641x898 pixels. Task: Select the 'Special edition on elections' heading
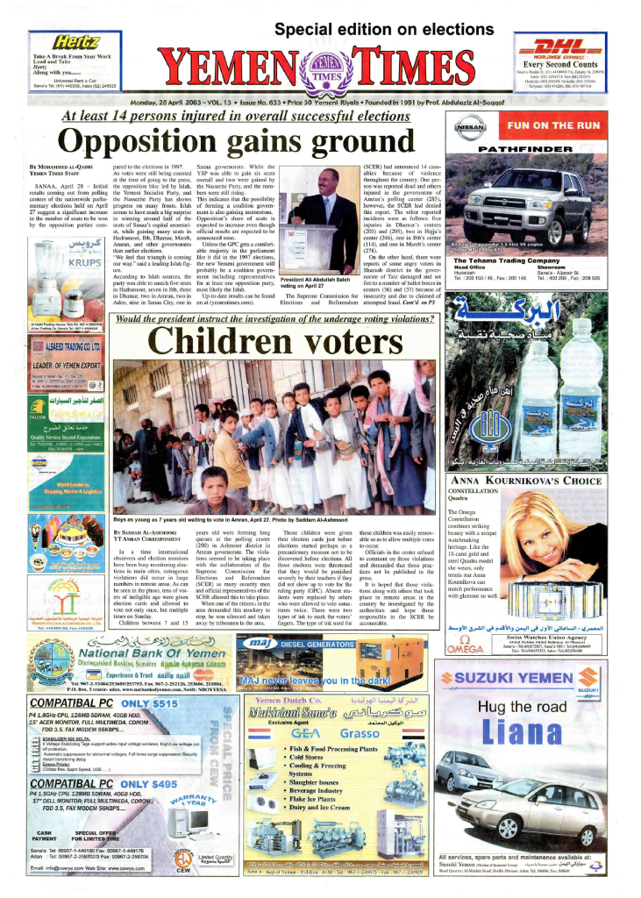(372, 29)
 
